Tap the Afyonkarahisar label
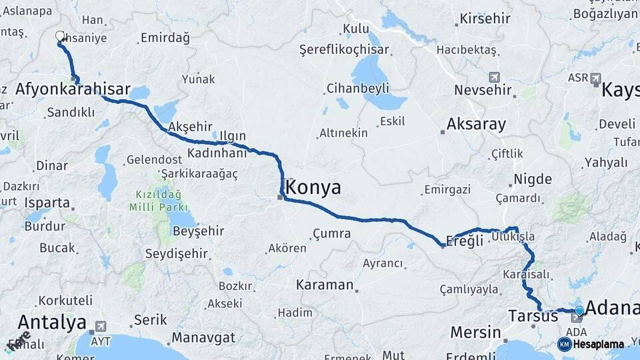72,89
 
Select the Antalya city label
52,322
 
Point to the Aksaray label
476,124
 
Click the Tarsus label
533,316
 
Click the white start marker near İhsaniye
60,37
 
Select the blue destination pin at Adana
579,311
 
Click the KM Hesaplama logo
591,344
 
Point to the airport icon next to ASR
595,78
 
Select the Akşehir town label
191,127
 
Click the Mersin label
475,332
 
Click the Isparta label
47,202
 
